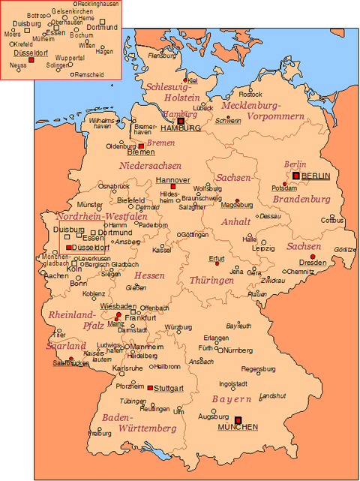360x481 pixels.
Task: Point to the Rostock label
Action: (x=250, y=94)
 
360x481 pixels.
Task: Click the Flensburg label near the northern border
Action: (x=163, y=56)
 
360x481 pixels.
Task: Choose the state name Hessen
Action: (x=149, y=275)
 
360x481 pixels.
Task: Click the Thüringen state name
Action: (x=211, y=280)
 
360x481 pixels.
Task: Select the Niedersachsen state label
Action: (x=150, y=165)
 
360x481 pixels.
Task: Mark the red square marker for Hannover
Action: (x=172, y=187)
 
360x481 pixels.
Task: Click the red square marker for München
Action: (x=238, y=419)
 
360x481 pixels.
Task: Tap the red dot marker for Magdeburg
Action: (x=237, y=200)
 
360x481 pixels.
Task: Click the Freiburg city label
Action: (x=100, y=433)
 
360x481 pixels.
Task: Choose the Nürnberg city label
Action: (x=238, y=350)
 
